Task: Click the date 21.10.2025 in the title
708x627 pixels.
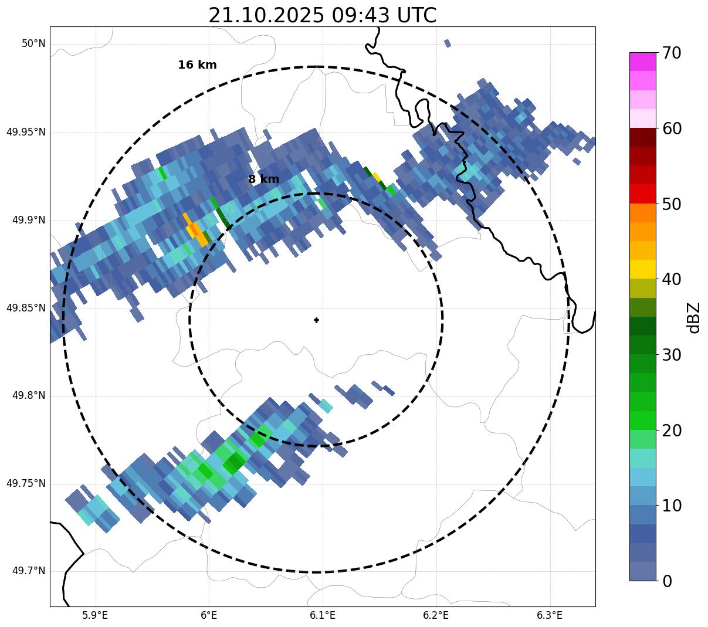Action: (266, 16)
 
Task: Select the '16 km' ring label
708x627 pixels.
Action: (197, 65)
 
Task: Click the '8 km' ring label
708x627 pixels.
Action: (263, 179)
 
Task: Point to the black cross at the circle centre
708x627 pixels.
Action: (317, 320)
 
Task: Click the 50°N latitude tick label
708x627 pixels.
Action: (33, 44)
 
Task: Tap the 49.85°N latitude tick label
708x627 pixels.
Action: (26, 308)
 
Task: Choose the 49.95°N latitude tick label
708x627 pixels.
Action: (26, 132)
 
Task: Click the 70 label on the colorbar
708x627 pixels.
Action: (672, 53)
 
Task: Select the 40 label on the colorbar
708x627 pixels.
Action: (672, 279)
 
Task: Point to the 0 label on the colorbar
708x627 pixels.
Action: (667, 581)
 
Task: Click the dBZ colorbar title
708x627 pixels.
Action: (694, 317)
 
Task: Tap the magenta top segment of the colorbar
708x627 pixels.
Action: (642, 62)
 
